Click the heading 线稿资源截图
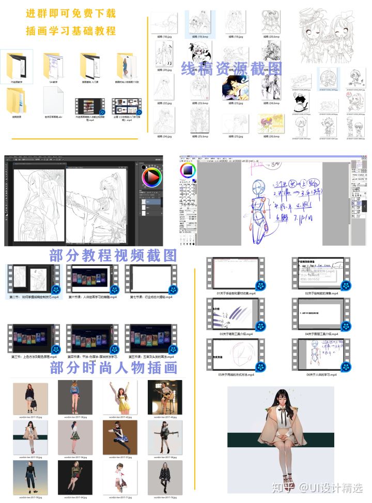(x=231, y=69)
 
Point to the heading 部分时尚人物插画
(x=114, y=367)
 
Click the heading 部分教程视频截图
(x=114, y=255)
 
